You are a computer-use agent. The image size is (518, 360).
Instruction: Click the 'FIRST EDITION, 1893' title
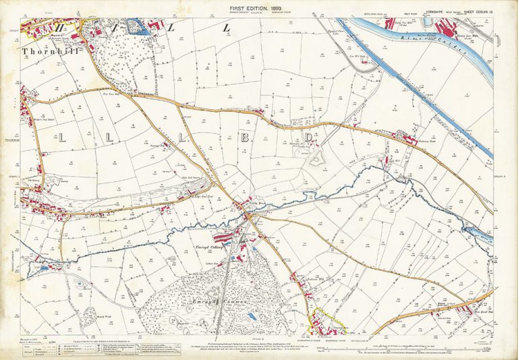[x=259, y=7]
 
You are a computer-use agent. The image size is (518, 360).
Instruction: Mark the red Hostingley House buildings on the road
[x=407, y=140]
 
